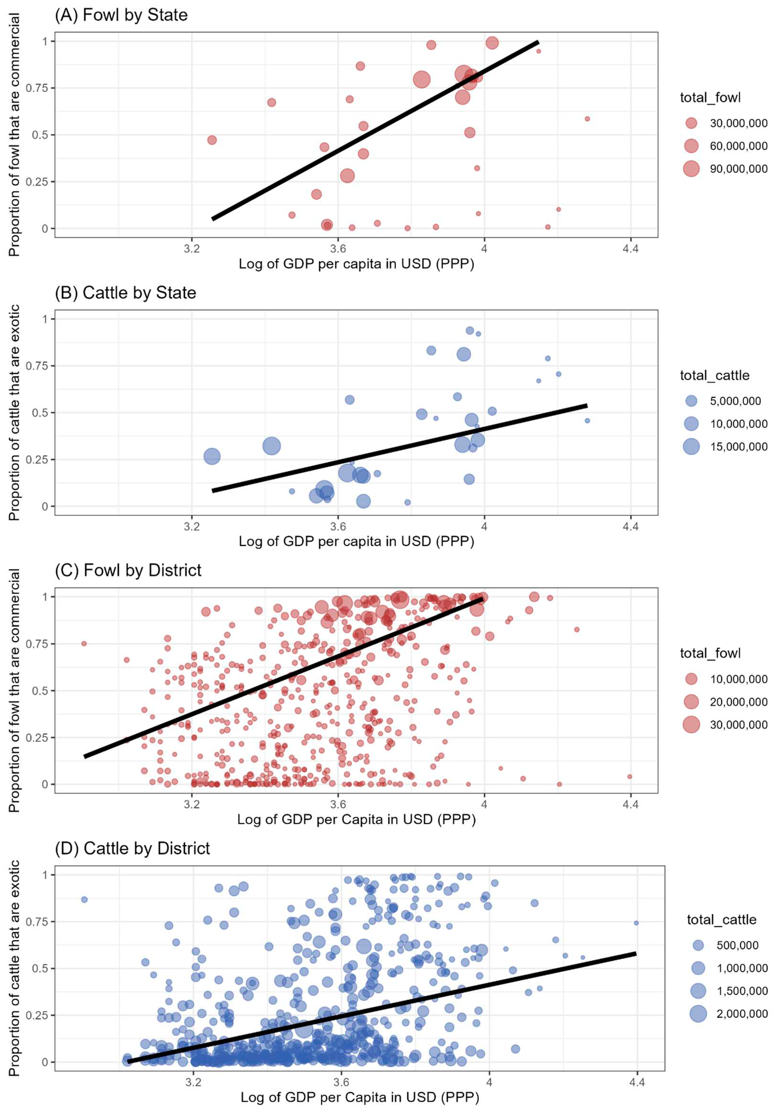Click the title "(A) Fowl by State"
[121, 15]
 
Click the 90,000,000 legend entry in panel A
[738, 169]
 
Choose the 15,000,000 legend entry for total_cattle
[738, 447]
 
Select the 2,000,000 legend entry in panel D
[742, 1014]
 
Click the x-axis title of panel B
[356, 541]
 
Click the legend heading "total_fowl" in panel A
[710, 98]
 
